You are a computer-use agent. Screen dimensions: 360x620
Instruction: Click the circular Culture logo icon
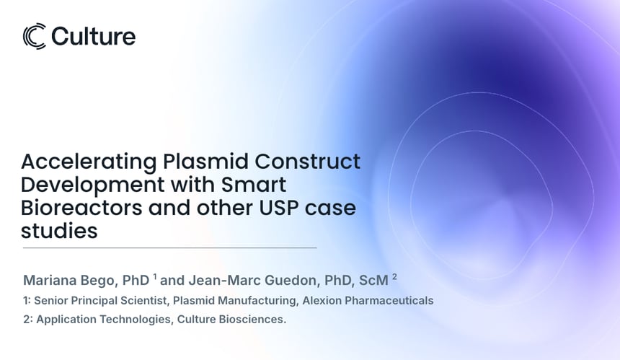pos(35,36)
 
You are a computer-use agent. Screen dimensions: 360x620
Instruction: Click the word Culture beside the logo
pos(93,36)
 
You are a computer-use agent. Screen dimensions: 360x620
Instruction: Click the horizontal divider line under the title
pos(169,248)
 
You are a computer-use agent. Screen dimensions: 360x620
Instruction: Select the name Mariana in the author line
pos(53,280)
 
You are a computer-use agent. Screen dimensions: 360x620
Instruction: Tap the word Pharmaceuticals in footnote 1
pos(391,300)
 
